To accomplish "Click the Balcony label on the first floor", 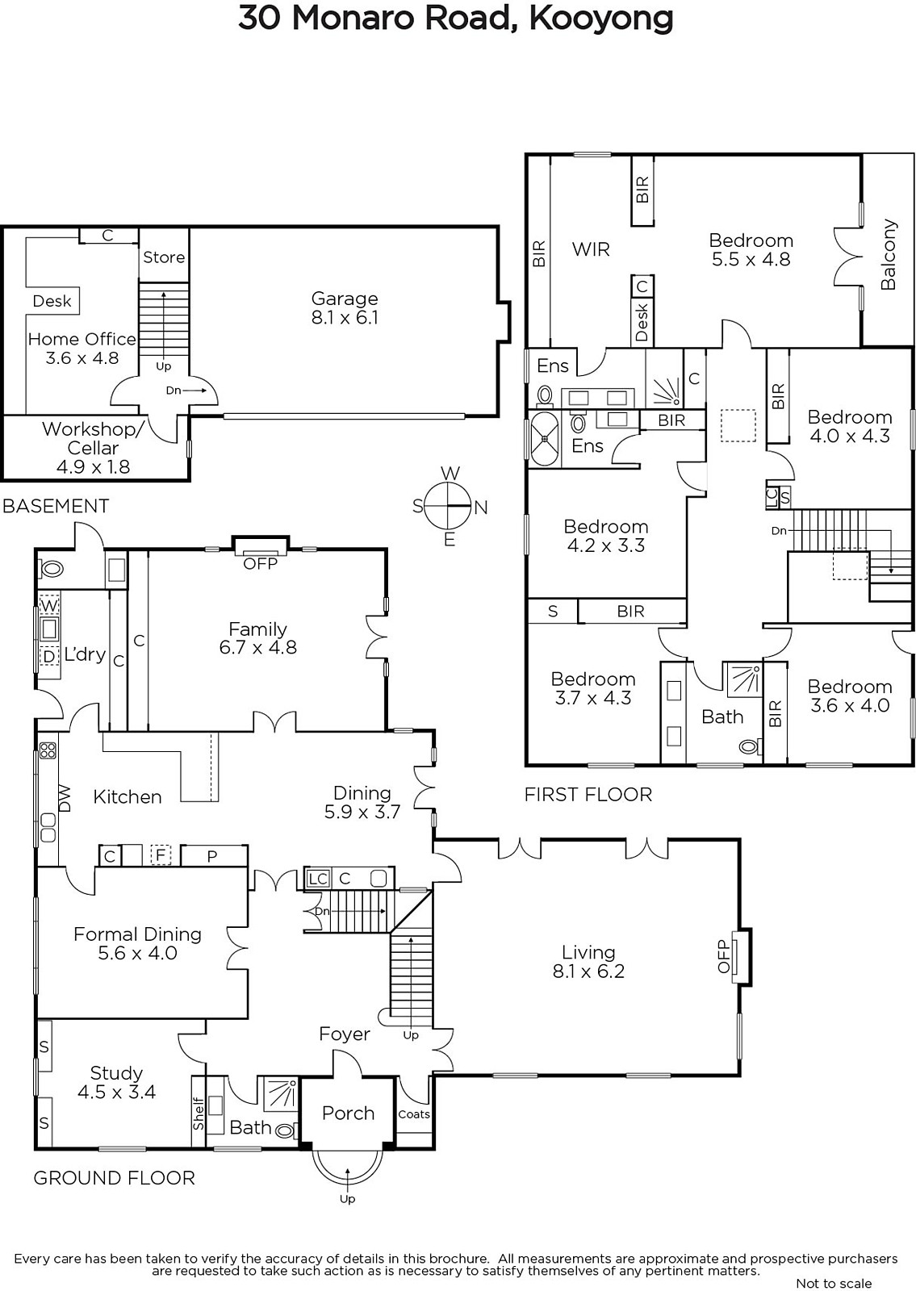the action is [x=889, y=254].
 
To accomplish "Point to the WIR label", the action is [x=591, y=249].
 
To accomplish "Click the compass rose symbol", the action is [x=449, y=506].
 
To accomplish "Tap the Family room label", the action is [x=257, y=629].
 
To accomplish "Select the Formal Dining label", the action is [x=137, y=934].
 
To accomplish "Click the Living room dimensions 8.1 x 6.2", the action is [x=588, y=971].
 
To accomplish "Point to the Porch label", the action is [x=348, y=1113].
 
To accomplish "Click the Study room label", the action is [x=116, y=1073].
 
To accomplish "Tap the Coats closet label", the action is [x=414, y=1114].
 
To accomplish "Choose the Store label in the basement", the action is [x=164, y=257].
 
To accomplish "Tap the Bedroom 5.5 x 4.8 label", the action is [x=751, y=249].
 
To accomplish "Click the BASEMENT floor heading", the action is [x=56, y=506].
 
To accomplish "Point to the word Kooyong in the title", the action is [x=600, y=19].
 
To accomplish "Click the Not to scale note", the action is [x=834, y=1282].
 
